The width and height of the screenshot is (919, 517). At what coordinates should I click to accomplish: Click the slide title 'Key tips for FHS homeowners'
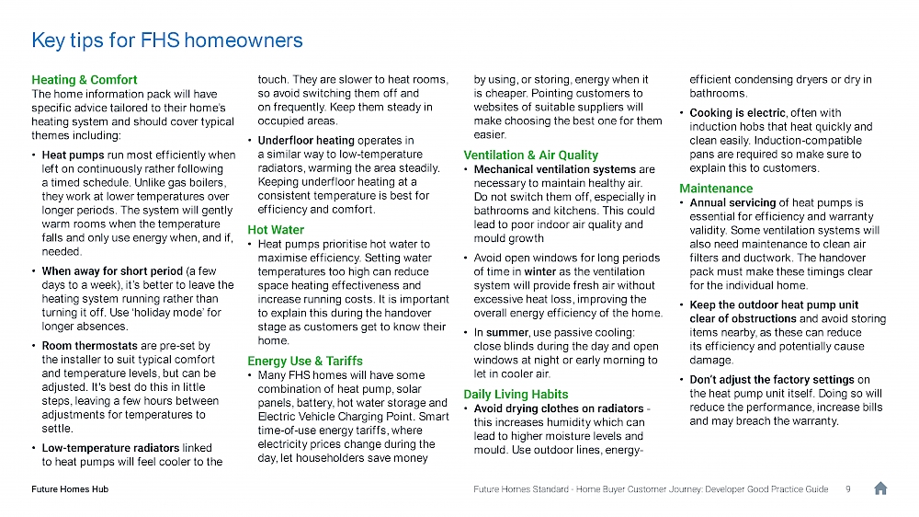pyautogui.click(x=166, y=40)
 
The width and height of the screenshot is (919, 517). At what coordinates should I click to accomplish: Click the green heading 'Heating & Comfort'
pyautogui.click(x=85, y=80)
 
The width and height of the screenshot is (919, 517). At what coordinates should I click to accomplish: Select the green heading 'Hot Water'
pyautogui.click(x=275, y=229)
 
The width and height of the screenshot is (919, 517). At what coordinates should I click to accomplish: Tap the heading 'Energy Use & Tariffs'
pyautogui.click(x=305, y=361)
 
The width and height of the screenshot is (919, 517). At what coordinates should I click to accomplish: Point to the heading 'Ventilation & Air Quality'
pyautogui.click(x=531, y=155)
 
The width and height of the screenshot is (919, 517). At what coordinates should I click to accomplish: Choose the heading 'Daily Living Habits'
pyautogui.click(x=516, y=394)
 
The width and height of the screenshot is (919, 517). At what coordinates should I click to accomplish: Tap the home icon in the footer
pyautogui.click(x=879, y=488)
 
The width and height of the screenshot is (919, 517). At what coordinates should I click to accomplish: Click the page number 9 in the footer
pyautogui.click(x=846, y=489)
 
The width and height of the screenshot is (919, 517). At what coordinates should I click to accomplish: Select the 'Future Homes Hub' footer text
pyautogui.click(x=70, y=489)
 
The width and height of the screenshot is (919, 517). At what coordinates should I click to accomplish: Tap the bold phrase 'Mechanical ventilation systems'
pyautogui.click(x=554, y=169)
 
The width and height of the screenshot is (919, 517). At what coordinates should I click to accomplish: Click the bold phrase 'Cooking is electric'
pyautogui.click(x=737, y=113)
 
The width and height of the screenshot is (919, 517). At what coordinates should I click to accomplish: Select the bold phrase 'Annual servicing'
pyautogui.click(x=732, y=202)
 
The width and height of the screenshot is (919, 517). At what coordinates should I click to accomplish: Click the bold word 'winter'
pyautogui.click(x=540, y=271)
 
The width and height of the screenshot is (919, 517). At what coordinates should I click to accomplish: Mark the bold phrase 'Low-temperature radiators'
pyautogui.click(x=110, y=448)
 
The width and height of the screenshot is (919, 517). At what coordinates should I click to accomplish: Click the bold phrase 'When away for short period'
pyautogui.click(x=112, y=271)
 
